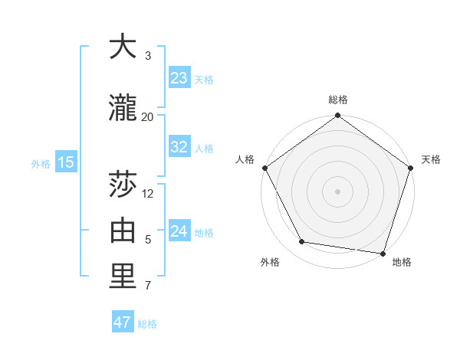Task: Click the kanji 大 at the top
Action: [123, 47]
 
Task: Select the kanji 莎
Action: [123, 186]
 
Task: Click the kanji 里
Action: [123, 277]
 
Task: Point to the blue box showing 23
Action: [179, 78]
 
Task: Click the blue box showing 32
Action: [179, 147]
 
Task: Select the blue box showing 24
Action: [179, 231]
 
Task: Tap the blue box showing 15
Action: [66, 162]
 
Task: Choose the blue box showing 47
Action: [123, 322]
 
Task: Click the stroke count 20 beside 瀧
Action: [148, 116]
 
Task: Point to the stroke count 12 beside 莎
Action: [149, 194]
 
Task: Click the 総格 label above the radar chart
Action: [338, 100]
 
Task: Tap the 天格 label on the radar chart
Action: [431, 159]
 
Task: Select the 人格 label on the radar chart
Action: [245, 159]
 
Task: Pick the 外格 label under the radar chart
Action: [270, 262]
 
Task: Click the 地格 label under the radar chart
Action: [402, 262]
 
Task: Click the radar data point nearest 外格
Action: [302, 242]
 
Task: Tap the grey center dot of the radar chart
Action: [337, 191]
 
